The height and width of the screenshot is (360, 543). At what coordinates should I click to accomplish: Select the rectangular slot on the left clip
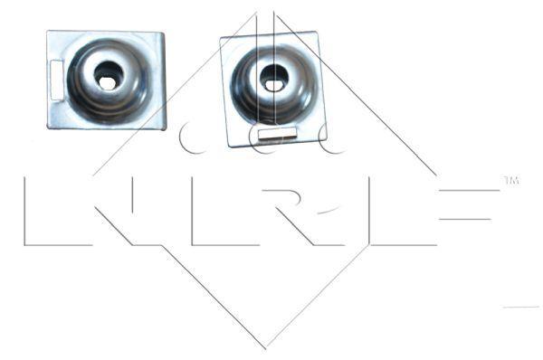(x=56, y=80)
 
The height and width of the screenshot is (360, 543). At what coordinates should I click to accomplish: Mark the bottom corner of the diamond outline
(x=266, y=348)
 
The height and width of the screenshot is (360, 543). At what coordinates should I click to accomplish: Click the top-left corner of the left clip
(x=49, y=33)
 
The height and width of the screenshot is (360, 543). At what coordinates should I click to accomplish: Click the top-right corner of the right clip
(x=316, y=33)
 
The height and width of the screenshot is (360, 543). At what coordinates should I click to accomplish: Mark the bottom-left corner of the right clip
(x=230, y=146)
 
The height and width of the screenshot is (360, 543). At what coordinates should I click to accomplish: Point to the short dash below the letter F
(x=520, y=308)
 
